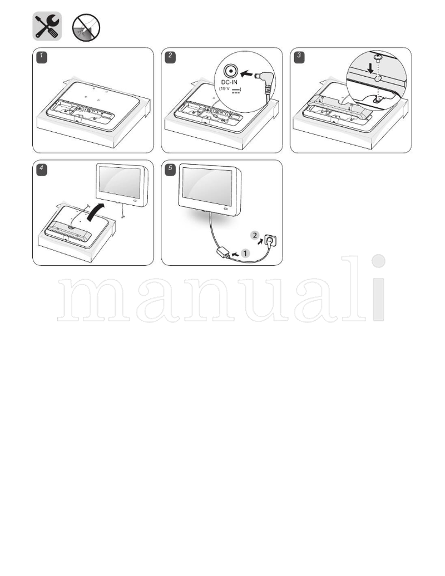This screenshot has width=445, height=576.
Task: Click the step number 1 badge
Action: [41, 56]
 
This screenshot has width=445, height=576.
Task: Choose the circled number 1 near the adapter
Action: [245, 252]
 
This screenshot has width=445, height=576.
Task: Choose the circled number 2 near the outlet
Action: [255, 236]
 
